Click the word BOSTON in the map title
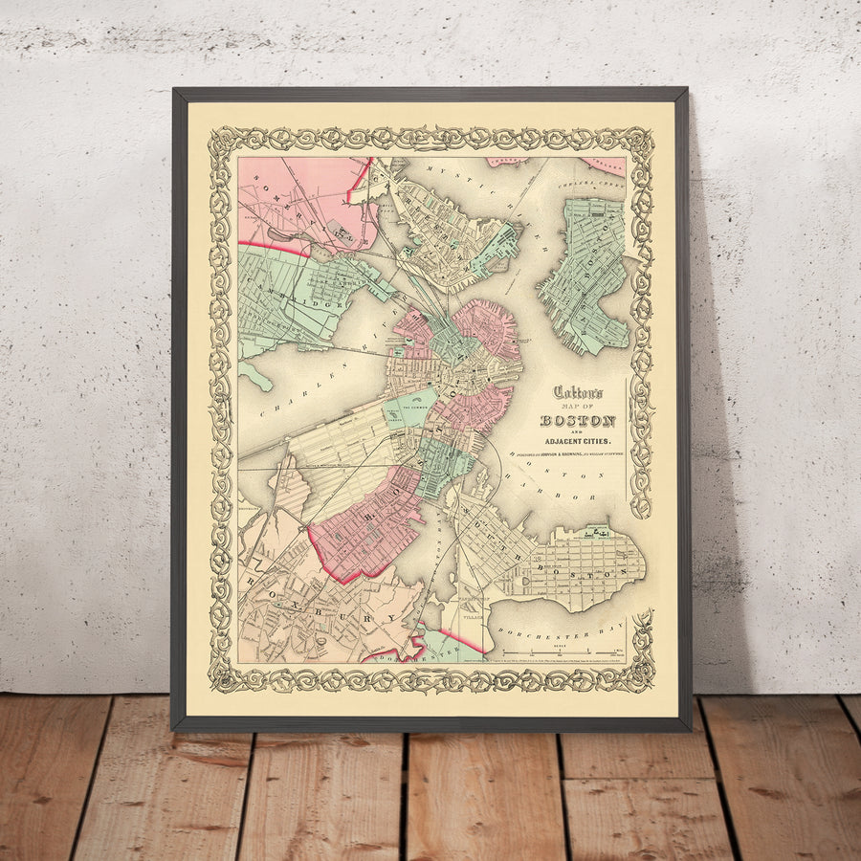(x=578, y=421)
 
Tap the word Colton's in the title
(x=577, y=392)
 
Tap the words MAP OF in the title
(x=577, y=406)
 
